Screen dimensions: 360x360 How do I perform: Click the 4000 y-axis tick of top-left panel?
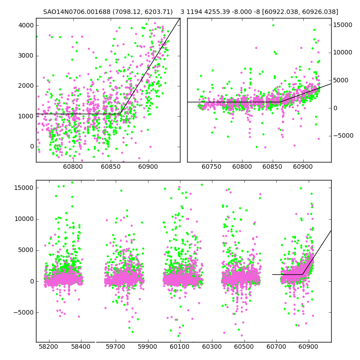click(x=25, y=25)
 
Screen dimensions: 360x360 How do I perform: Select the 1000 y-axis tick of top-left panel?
click(x=25, y=116)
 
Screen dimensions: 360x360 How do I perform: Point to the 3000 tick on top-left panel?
click(x=25, y=56)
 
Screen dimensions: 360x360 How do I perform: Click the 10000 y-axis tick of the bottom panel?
click(x=23, y=219)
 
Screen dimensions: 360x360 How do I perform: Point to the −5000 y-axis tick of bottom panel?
click(x=23, y=312)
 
